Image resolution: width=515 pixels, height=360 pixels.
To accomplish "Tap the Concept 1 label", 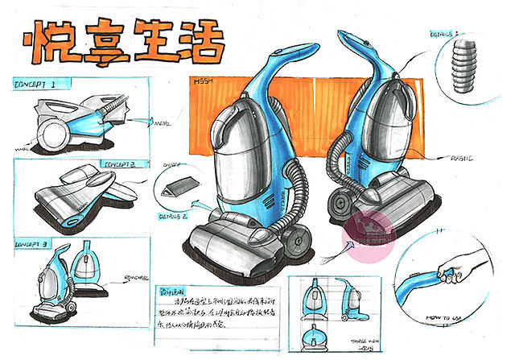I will tap(35, 84).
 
